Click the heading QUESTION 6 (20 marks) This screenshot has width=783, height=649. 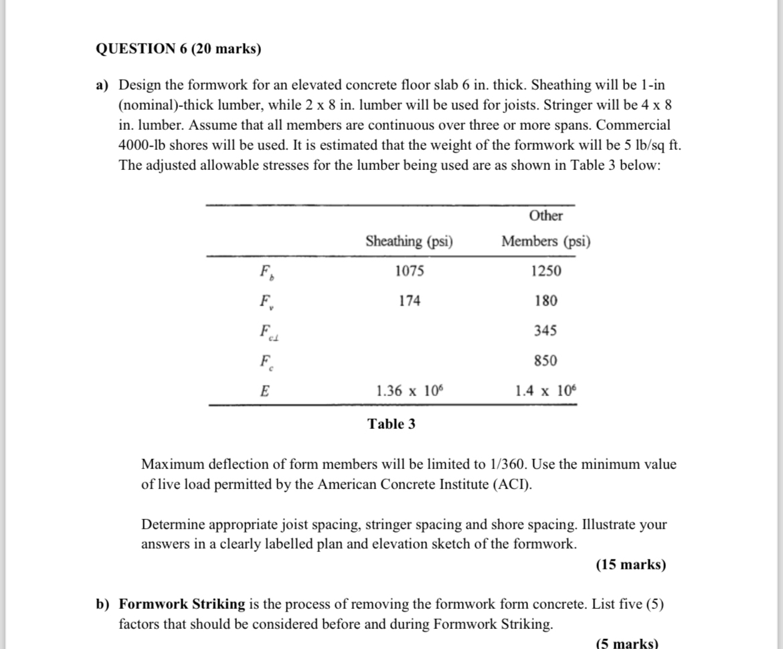[x=179, y=49]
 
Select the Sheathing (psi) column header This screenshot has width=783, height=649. [x=409, y=242]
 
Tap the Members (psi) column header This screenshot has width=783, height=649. [x=546, y=242]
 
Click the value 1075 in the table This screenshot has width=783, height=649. [x=410, y=271]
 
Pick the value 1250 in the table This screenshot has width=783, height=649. [x=546, y=271]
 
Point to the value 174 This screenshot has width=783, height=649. [x=410, y=301]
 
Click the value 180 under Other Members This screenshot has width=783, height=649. [x=546, y=301]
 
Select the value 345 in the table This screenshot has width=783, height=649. [x=546, y=331]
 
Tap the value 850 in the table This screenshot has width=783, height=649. [x=546, y=361]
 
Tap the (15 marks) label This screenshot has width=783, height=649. [x=630, y=565]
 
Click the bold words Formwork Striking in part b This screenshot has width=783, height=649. [x=182, y=604]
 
